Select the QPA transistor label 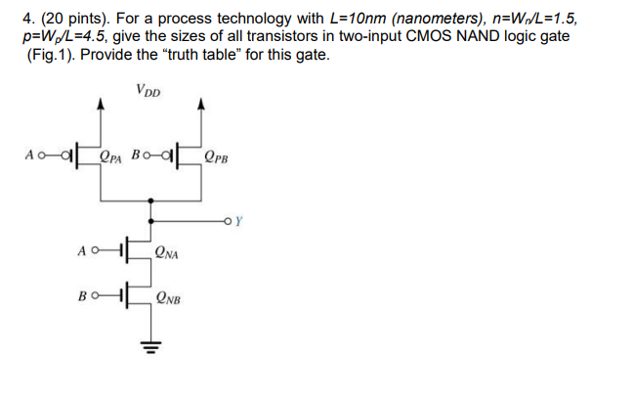pyautogui.click(x=114, y=155)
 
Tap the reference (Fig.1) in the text pyautogui.click(x=47, y=55)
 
